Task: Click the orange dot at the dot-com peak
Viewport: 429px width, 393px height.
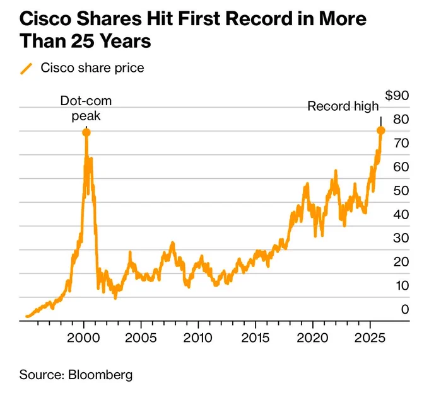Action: [86, 132]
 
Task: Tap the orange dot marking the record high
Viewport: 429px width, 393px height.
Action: [380, 130]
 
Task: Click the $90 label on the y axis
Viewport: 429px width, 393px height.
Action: [397, 95]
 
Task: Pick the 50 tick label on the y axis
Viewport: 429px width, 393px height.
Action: [401, 190]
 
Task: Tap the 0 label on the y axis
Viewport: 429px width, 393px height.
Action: [404, 309]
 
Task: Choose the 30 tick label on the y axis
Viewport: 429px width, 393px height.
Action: [401, 237]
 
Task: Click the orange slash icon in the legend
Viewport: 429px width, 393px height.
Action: [26, 68]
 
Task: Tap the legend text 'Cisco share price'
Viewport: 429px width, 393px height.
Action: [92, 67]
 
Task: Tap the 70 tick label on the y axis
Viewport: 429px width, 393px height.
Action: [401, 143]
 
